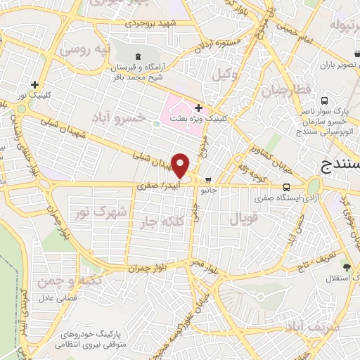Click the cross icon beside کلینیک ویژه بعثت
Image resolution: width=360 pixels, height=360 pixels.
coord(199,108)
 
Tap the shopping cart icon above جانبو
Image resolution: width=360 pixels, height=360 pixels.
coord(209,179)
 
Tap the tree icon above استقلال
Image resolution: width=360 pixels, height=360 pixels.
coord(346,266)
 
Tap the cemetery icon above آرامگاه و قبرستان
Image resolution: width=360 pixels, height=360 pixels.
coord(136,55)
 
